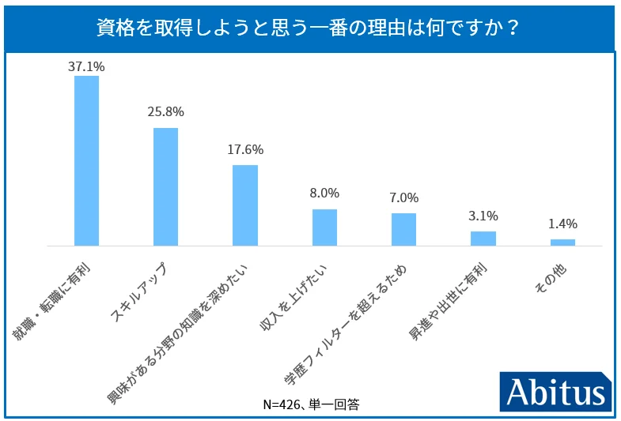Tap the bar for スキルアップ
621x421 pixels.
[x=165, y=186]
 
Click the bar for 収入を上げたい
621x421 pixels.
[x=324, y=227]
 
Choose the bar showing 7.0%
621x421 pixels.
[x=403, y=229]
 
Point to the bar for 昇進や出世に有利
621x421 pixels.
[x=483, y=238]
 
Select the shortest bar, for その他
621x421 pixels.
[x=562, y=242]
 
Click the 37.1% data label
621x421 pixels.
[x=86, y=67]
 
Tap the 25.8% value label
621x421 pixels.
[x=165, y=112]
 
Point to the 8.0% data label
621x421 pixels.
[x=324, y=193]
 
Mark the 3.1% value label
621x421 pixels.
[x=483, y=215]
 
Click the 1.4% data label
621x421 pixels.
[x=562, y=223]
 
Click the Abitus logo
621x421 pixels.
[x=556, y=391]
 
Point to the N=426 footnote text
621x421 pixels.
[x=311, y=404]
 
